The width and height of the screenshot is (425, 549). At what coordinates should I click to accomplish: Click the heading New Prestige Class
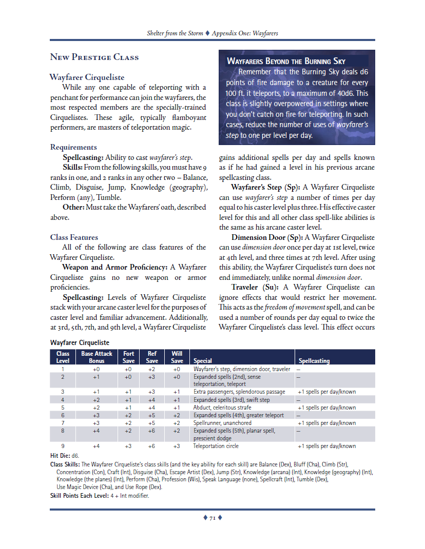point(94,57)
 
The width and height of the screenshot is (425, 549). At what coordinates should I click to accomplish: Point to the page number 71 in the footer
point(212,518)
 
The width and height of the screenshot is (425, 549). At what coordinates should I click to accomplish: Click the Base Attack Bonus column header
point(96,357)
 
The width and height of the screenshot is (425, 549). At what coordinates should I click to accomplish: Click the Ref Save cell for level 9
point(152,446)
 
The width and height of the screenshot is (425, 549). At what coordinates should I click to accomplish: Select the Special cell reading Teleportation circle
point(216,446)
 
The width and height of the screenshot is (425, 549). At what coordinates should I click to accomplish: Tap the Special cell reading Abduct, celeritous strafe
point(222,408)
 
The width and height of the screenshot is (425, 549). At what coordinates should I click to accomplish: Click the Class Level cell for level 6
point(63,415)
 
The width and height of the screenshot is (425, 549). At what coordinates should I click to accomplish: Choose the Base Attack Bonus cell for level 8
point(96,431)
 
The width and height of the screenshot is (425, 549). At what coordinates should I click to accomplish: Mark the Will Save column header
point(177,357)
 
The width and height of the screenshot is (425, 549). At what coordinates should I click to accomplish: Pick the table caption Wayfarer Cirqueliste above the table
point(80,342)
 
